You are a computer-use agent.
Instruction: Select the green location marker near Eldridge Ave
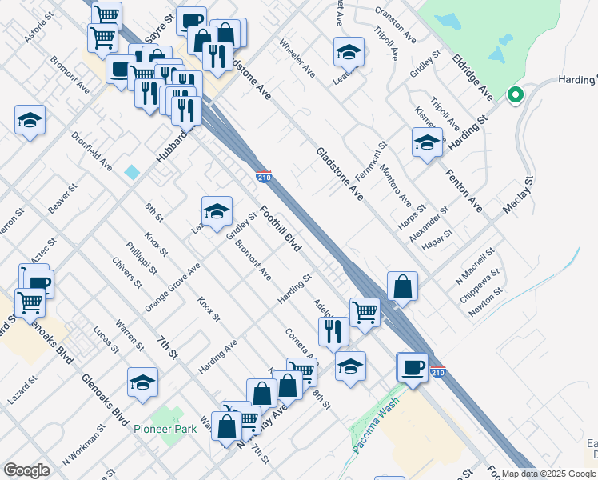coord(516,96)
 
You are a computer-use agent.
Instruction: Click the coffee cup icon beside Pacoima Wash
coord(413,367)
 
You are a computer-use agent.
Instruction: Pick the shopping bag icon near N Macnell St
coord(403,286)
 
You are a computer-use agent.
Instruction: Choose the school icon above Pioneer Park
coord(142,382)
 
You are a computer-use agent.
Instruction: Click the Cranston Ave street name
coord(396,26)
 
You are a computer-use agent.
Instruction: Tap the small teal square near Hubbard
coord(132,172)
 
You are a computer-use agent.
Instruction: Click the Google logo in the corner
coord(26,470)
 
